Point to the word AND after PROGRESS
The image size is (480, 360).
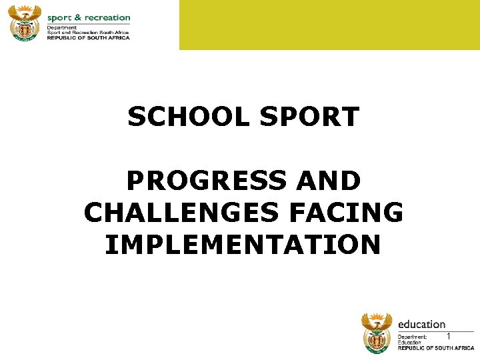(328, 181)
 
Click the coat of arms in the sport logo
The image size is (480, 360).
(25, 23)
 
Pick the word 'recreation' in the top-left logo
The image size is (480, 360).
(107, 17)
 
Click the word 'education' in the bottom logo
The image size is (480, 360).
(421, 324)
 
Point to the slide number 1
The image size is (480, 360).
(449, 336)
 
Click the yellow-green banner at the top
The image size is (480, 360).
(329, 25)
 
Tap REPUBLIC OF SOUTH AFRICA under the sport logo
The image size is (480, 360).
(88, 37)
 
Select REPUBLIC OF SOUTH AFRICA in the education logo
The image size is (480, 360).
(436, 348)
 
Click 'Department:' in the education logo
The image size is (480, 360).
(412, 337)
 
